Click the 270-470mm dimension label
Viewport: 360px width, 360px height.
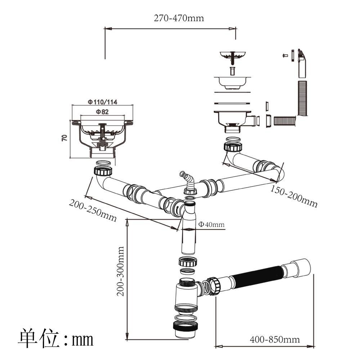point(179,18)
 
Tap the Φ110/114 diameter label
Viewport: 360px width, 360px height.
point(103,102)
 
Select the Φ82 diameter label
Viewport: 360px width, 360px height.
point(102,112)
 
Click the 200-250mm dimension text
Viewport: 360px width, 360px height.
point(93,210)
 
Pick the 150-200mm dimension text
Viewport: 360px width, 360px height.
point(294,197)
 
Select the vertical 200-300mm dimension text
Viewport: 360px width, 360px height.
point(121,271)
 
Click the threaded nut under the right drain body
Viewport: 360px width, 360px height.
point(233,147)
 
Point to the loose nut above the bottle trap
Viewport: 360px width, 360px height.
point(188,261)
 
